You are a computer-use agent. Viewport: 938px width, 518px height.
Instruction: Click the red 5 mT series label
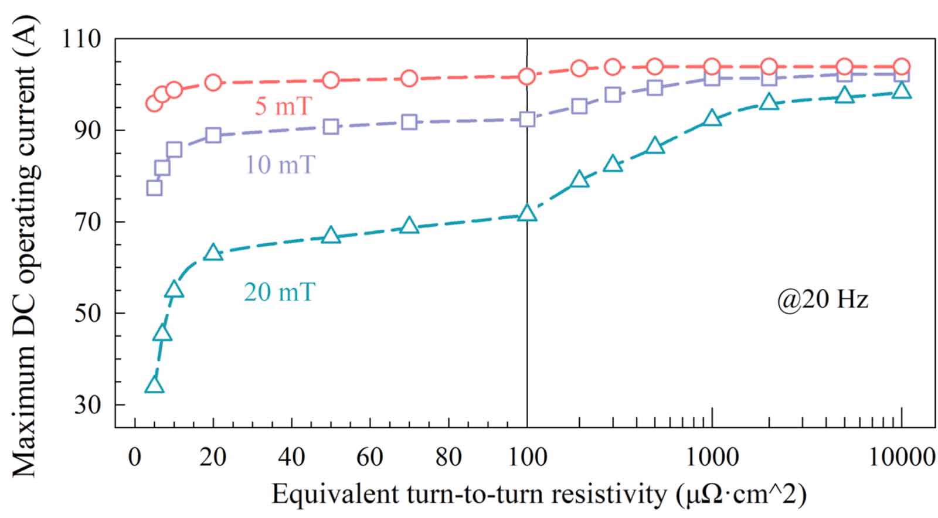pyautogui.click(x=283, y=107)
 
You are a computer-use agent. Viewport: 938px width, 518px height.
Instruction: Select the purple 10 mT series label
pyautogui.click(x=280, y=165)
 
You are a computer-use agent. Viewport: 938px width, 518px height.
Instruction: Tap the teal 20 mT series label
pyautogui.click(x=279, y=292)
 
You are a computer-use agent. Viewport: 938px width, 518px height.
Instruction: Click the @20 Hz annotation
pyautogui.click(x=822, y=300)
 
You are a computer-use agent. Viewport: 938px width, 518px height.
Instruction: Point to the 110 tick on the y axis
pyautogui.click(x=81, y=39)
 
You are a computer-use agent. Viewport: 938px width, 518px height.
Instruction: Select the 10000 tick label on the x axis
pyautogui.click(x=901, y=457)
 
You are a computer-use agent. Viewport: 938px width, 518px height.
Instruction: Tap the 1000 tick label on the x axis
pyautogui.click(x=712, y=457)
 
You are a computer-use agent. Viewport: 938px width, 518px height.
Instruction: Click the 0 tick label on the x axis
pyautogui.click(x=135, y=457)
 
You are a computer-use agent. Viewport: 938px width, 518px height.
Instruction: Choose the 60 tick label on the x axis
pyautogui.click(x=370, y=457)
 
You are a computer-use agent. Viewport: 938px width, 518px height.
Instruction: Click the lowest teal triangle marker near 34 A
pyautogui.click(x=154, y=385)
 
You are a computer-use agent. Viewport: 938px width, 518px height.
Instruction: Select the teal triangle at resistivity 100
pyautogui.click(x=527, y=213)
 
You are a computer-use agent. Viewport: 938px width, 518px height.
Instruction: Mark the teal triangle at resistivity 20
pyautogui.click(x=213, y=253)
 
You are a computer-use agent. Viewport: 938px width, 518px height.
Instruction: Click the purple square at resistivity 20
pyautogui.click(x=213, y=135)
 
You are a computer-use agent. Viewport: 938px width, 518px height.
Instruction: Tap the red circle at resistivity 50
pyautogui.click(x=331, y=80)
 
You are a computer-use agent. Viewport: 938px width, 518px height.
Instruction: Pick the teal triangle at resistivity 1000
pyautogui.click(x=712, y=118)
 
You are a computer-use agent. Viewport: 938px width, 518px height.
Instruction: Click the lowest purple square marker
pyautogui.click(x=154, y=188)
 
